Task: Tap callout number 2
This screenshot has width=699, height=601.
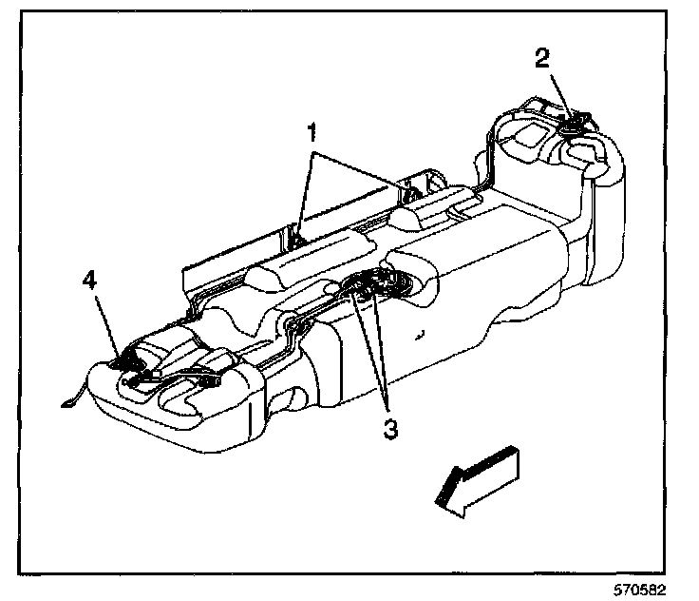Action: (541, 58)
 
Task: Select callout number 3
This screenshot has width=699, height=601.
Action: (387, 427)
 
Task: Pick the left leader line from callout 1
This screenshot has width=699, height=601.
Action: (303, 185)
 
